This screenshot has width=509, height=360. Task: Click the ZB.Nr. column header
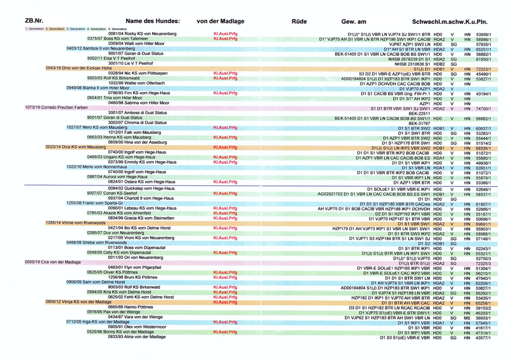(x=34, y=21)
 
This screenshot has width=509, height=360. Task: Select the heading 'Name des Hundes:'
(x=152, y=21)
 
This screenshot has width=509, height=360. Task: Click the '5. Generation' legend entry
(x=117, y=29)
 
